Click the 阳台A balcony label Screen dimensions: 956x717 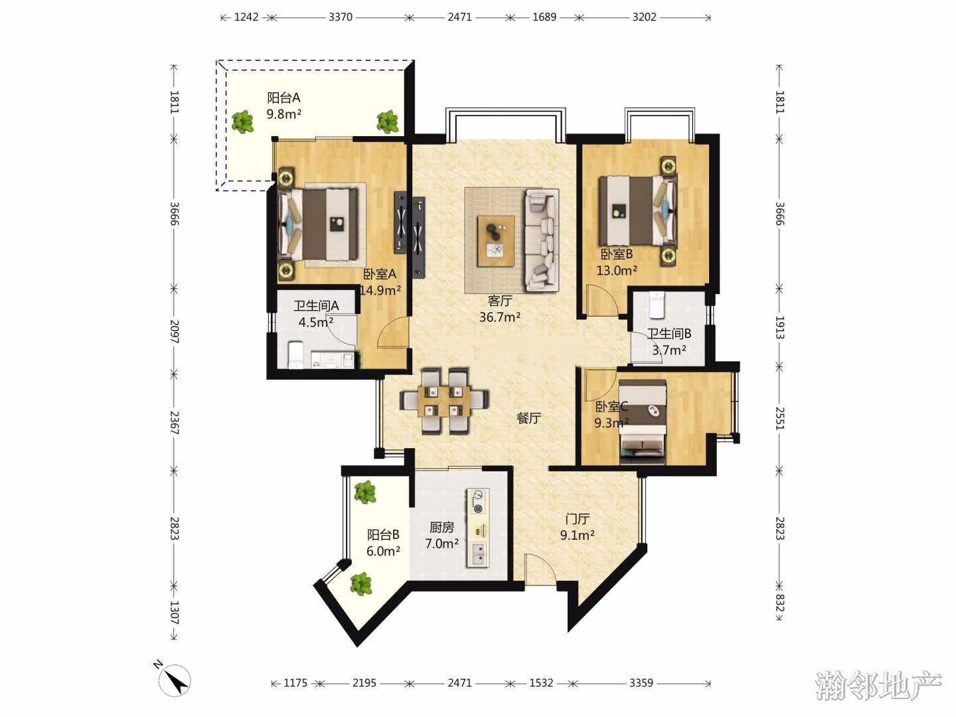click(283, 98)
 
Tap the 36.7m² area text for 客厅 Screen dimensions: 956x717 click(499, 317)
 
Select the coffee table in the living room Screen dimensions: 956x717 click(496, 240)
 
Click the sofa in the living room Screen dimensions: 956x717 click(541, 240)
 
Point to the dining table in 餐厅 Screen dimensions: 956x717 click(444, 401)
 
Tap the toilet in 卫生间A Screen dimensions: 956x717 click(295, 355)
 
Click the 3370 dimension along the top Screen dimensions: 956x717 click(340, 17)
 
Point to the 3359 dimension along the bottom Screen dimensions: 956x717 click(641, 682)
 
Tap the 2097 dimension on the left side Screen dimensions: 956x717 click(174, 331)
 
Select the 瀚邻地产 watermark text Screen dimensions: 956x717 click(878, 686)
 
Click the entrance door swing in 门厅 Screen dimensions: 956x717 click(540, 570)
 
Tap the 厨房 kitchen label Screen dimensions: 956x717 click(441, 527)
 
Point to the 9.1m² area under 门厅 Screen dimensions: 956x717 click(577, 535)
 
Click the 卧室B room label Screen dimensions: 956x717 click(617, 254)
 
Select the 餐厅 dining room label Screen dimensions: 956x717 click(528, 418)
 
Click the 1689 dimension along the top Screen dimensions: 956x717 click(544, 17)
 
